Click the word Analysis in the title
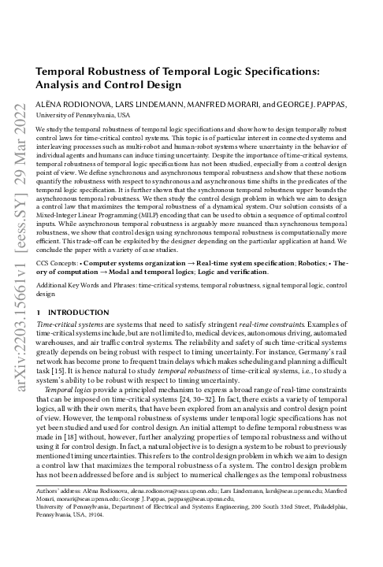pyautogui.click(x=61, y=84)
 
